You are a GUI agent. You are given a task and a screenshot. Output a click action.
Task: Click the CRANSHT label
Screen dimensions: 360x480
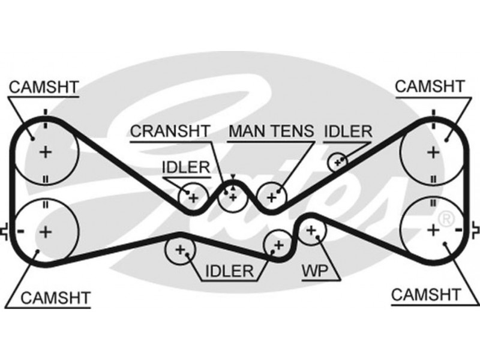pos(170,131)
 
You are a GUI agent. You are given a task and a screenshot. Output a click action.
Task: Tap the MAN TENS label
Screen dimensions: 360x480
pos(271,131)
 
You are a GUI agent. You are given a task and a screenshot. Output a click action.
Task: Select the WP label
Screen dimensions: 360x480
pos(315,271)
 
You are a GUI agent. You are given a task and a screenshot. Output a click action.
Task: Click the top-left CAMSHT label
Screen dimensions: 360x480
pos(43,87)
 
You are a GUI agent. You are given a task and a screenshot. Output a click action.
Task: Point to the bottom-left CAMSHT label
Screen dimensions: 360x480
pos(55,297)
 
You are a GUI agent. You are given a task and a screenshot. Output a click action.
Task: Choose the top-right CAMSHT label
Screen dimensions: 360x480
pos(430,87)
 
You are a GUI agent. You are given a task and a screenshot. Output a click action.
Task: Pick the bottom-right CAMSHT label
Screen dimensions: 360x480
pos(425,295)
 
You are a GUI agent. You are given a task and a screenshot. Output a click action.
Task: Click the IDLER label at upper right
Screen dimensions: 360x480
pos(348,131)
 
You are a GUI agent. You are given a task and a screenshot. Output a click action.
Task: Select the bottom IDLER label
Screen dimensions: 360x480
pos(229,271)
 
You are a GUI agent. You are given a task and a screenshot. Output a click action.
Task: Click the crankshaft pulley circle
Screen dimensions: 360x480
pos(232,196)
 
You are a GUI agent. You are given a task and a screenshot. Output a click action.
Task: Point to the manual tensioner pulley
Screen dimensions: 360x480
pos(272,196)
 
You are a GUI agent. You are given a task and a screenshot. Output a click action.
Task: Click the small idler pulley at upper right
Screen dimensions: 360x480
pos(338,161)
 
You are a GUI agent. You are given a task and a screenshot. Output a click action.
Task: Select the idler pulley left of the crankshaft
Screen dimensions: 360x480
pos(193,196)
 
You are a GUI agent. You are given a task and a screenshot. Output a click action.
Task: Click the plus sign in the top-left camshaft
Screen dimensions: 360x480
pos(46,152)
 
